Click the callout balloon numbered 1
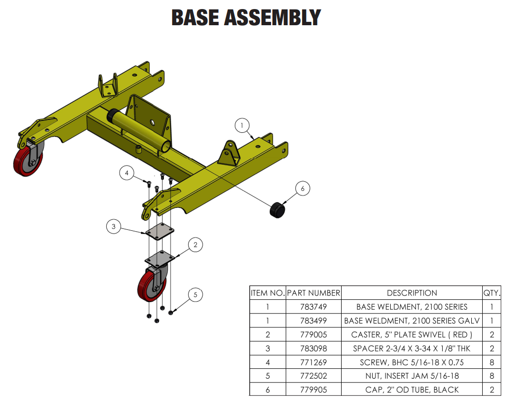(x=242, y=126)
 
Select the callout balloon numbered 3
(x=113, y=226)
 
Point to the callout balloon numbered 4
(x=127, y=173)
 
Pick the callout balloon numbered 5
(x=195, y=295)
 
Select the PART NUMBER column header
(x=314, y=293)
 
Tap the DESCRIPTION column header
(x=412, y=293)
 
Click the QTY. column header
(x=492, y=293)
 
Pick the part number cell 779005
(x=314, y=334)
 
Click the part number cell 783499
(x=314, y=321)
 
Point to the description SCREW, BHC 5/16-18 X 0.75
(x=412, y=362)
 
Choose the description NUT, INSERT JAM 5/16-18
(x=412, y=376)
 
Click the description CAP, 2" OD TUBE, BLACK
(x=412, y=390)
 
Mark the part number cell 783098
(x=314, y=348)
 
